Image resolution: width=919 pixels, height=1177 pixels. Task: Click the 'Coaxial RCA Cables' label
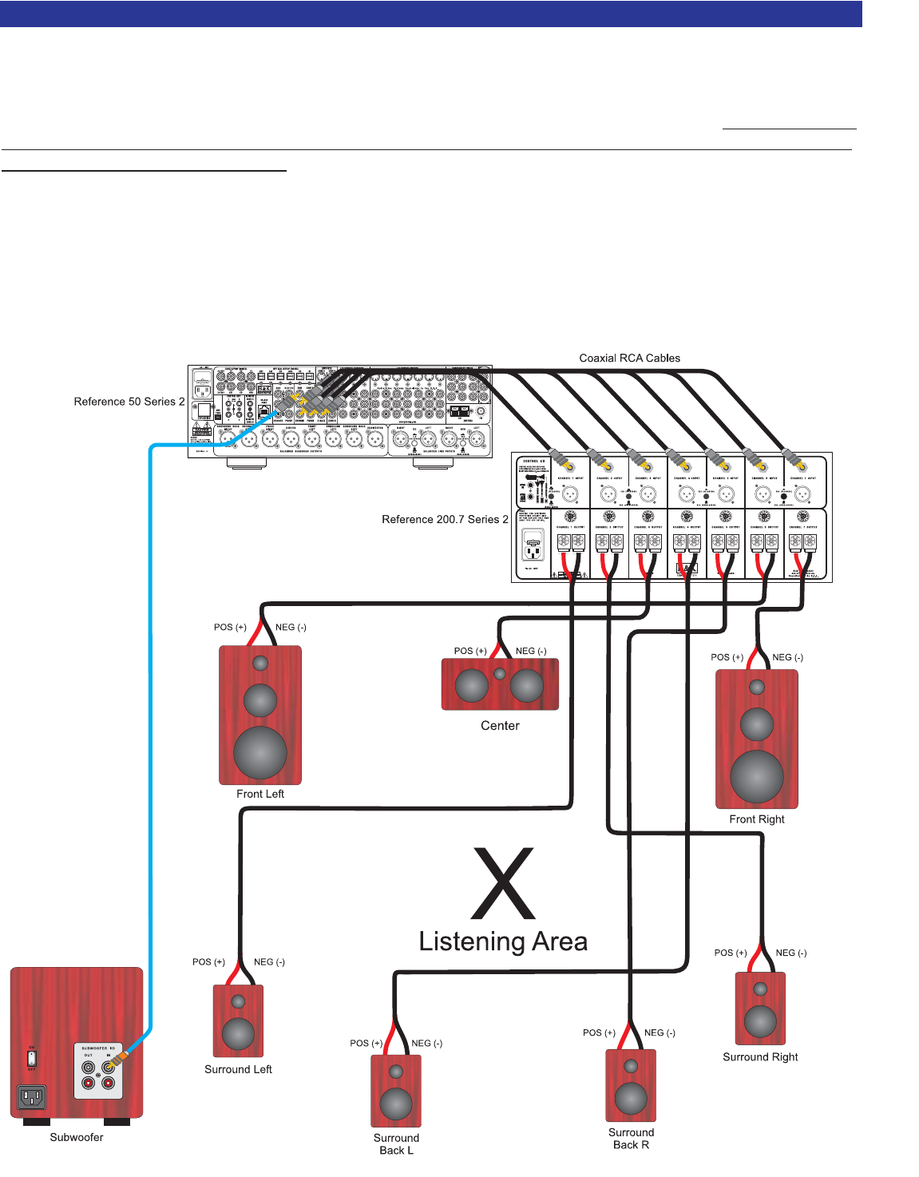[x=629, y=359]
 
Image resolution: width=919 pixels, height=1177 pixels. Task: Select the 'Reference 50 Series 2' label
[x=129, y=402]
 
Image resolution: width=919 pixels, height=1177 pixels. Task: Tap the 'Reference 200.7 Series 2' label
[x=445, y=520]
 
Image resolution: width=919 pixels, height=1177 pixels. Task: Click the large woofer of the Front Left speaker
[x=260, y=752]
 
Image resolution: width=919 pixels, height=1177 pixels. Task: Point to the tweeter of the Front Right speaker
[x=757, y=687]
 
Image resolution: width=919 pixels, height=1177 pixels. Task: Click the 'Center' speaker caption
[x=500, y=726]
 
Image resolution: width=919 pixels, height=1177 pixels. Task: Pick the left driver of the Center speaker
[x=472, y=685]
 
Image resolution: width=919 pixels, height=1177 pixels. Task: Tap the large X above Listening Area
[x=503, y=884]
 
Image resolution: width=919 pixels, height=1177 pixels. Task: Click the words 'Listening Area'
[x=503, y=942]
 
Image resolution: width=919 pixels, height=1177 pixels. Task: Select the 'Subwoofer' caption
[x=77, y=1138]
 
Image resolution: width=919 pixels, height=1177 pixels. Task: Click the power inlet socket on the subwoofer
[x=32, y=1097]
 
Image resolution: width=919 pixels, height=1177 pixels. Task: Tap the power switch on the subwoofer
[x=32, y=1058]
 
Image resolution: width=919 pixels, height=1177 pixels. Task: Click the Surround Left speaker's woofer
[x=238, y=1033]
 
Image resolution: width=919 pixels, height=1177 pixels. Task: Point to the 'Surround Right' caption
[x=760, y=1057]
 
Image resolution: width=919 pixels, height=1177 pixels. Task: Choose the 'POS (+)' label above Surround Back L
[x=366, y=1044]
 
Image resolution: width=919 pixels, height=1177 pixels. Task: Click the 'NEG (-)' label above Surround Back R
[x=660, y=1033]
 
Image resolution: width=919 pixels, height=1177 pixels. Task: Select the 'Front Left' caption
[x=260, y=795]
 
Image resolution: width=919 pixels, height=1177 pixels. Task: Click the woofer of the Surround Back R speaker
[x=631, y=1099]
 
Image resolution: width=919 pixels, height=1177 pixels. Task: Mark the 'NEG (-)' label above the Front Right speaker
[x=787, y=658]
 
